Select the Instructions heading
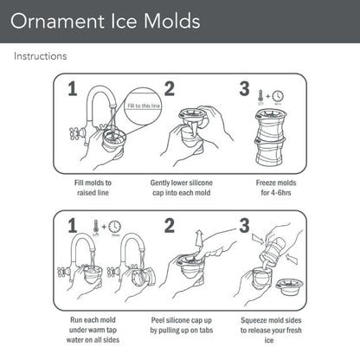click(x=40, y=56)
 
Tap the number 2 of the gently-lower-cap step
click(x=170, y=89)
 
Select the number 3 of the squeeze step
click(x=246, y=228)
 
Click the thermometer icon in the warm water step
click(x=92, y=228)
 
